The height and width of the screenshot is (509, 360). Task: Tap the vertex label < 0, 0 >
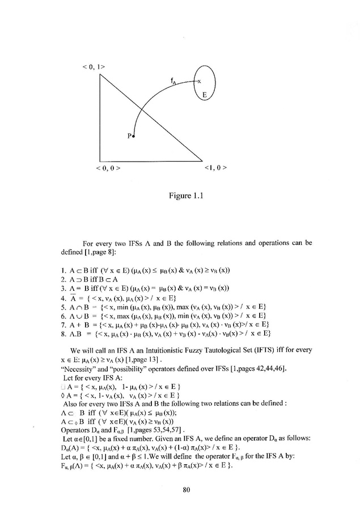click(111, 168)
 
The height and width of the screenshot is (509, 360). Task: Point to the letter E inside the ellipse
click(204, 94)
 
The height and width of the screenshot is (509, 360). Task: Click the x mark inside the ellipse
click(199, 82)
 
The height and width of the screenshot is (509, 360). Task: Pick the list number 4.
click(70, 313)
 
